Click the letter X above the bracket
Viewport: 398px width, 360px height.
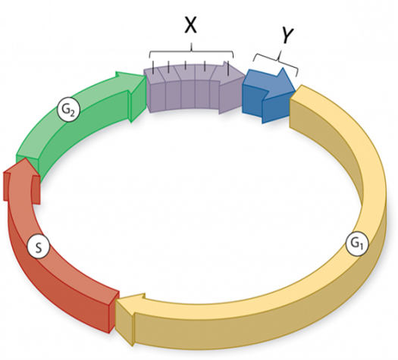pos(190,26)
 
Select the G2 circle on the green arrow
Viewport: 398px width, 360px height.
pos(68,111)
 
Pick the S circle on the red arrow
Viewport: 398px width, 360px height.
pos(39,248)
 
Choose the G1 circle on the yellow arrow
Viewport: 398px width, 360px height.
pos(357,244)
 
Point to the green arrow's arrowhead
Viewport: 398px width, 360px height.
pos(134,97)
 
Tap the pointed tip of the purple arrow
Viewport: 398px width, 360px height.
pos(246,75)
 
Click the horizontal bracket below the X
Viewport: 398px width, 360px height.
pos(191,52)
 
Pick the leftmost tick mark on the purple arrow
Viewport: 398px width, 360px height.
pos(153,67)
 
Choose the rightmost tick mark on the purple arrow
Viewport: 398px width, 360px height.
pos(228,68)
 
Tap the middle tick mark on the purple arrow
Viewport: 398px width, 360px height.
pos(186,65)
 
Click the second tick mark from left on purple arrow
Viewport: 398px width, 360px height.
pos(168,67)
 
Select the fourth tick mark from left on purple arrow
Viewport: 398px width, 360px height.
pos(205,66)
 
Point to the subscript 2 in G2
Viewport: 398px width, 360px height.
pos(72,113)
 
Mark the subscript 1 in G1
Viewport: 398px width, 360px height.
pos(361,246)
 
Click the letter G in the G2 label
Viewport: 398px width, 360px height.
pos(65,109)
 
